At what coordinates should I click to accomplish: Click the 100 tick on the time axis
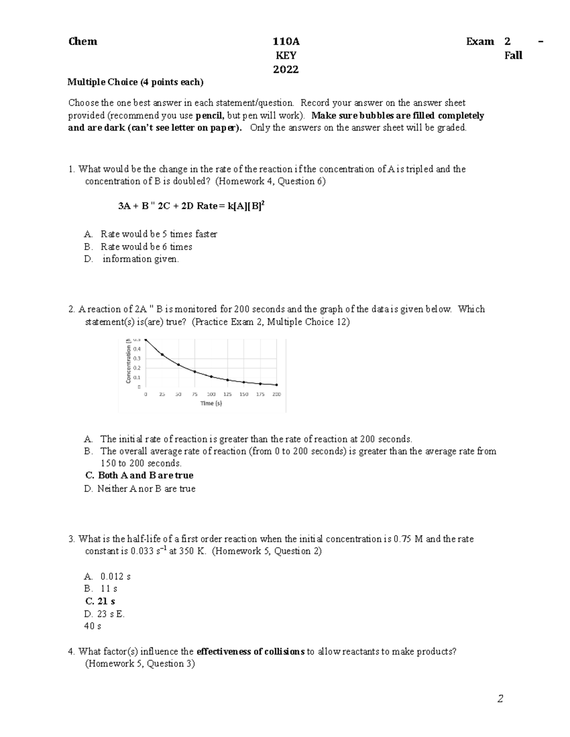click(x=211, y=394)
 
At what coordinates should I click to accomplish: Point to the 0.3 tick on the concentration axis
click(x=137, y=358)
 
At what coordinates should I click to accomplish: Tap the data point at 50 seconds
click(x=179, y=364)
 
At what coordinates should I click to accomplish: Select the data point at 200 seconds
click(x=277, y=385)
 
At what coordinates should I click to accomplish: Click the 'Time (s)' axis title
click(x=211, y=403)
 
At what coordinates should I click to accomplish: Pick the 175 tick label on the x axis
click(x=260, y=394)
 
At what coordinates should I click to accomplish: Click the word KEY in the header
click(x=286, y=56)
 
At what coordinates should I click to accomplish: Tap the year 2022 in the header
click(x=286, y=70)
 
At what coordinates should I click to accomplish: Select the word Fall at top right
click(x=513, y=56)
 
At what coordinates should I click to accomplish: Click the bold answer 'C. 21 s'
click(x=100, y=601)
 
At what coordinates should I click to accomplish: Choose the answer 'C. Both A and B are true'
click(x=139, y=476)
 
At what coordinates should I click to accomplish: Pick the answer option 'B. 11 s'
click(x=101, y=588)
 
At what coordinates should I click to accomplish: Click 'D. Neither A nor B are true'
click(x=140, y=489)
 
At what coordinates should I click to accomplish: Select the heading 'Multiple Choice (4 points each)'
click(x=135, y=82)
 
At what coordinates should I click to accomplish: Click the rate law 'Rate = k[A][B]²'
click(x=230, y=206)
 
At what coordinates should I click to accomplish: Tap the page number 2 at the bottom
click(x=500, y=699)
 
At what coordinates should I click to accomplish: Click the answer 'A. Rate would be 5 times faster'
click(x=151, y=234)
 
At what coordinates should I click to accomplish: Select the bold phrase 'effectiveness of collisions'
click(x=250, y=652)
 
